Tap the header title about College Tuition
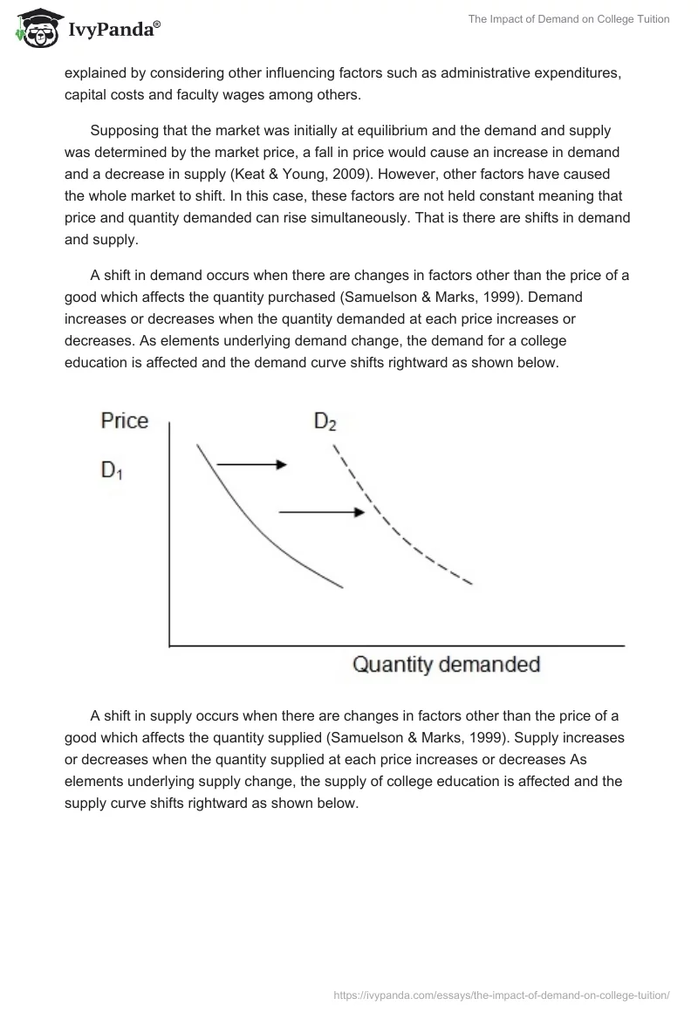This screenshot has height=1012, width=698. click(568, 19)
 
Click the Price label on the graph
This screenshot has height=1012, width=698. click(125, 421)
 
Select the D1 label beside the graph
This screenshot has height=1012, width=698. click(113, 470)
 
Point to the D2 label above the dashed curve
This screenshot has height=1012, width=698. click(325, 422)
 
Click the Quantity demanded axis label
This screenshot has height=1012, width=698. click(446, 665)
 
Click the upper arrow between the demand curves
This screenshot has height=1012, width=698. click(251, 465)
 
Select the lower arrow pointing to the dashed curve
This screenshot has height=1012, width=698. click(320, 512)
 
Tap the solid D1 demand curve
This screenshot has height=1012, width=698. click(253, 533)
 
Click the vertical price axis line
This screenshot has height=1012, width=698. click(168, 532)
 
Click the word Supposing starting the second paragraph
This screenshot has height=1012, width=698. click(130, 131)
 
